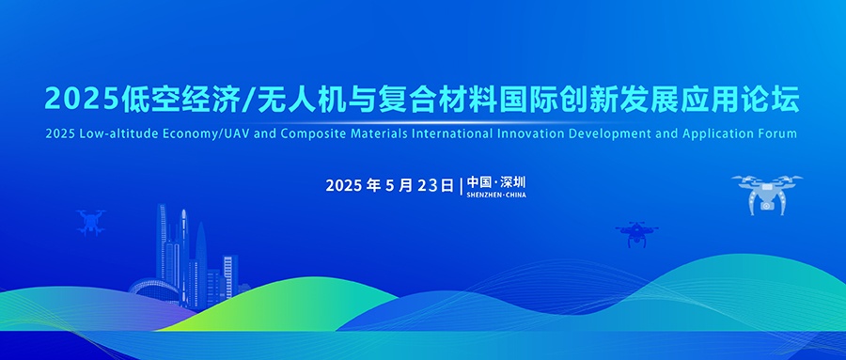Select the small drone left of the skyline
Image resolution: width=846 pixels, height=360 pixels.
91,221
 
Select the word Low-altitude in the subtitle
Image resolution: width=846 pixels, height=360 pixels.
110,133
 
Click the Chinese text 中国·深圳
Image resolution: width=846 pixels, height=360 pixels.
495,181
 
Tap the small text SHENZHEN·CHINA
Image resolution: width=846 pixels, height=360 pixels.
496,195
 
